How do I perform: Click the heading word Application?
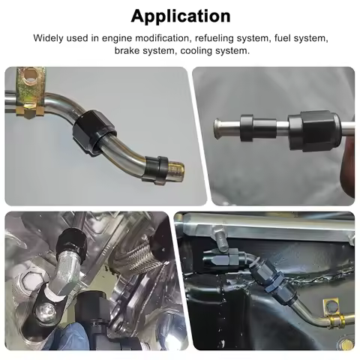(180, 15)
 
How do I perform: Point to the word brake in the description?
(129, 50)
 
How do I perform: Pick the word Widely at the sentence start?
(50, 37)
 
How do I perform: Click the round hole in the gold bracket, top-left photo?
(28, 76)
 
